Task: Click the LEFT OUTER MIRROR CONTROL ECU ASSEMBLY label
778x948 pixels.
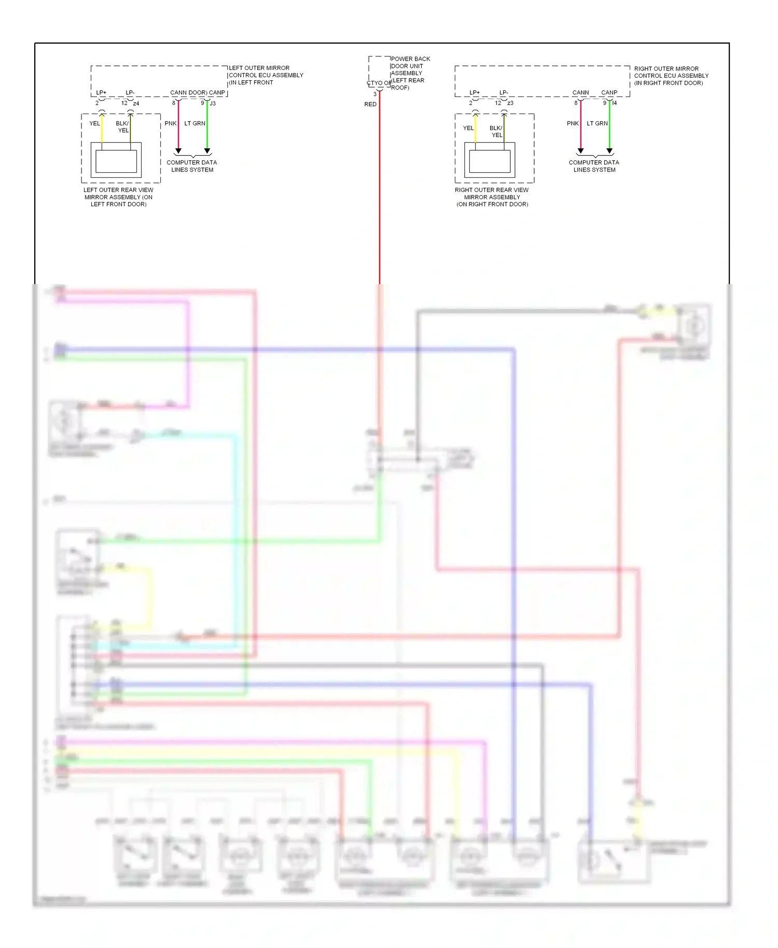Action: point(265,75)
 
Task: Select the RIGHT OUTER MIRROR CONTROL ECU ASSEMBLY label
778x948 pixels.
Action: point(671,76)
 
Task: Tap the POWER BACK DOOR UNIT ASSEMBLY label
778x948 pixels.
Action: point(410,73)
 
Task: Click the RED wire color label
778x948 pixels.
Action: point(370,104)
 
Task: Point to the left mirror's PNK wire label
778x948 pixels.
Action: point(171,123)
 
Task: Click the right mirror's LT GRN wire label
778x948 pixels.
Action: point(597,123)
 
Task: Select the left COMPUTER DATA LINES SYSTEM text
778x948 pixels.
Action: point(192,166)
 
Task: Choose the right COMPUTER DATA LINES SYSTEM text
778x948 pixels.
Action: point(594,166)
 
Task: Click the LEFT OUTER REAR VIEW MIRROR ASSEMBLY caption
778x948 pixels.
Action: point(118,197)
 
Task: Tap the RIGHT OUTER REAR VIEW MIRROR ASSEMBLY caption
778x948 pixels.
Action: point(492,197)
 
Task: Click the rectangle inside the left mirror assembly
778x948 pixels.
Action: point(116,161)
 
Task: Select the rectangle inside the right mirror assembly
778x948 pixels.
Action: point(490,161)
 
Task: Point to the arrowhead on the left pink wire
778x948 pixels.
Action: point(178,151)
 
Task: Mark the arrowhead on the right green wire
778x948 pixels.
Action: point(609,151)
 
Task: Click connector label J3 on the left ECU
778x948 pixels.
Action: point(213,103)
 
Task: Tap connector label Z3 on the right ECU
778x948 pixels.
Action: point(510,103)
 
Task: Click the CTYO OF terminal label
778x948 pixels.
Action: point(379,83)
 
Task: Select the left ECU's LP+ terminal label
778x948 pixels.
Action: point(101,93)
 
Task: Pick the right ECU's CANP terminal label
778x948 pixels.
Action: point(609,93)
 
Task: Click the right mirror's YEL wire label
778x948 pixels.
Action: point(468,128)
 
